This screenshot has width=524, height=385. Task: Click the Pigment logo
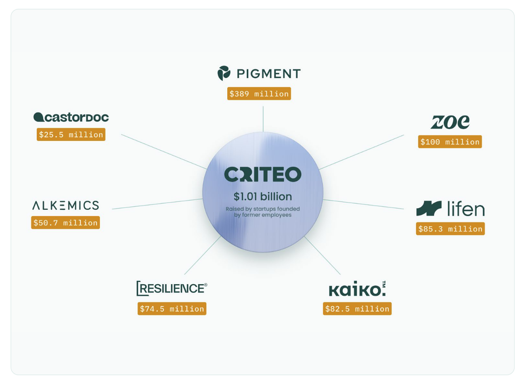point(259,73)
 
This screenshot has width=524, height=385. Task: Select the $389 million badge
point(259,94)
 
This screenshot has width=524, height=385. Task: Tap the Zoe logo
point(450,122)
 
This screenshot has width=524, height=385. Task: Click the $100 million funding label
point(450,142)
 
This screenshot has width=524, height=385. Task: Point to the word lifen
point(466,209)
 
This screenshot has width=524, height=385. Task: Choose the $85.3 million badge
point(450,229)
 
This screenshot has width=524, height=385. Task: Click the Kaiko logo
point(357,289)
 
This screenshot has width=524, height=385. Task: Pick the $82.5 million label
point(357,309)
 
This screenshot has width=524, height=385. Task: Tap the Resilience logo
point(172,288)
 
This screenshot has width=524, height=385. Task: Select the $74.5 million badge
point(172,309)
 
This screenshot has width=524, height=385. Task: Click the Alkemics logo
point(65,205)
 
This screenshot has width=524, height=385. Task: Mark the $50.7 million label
point(65,223)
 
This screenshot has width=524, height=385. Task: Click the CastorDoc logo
point(71,117)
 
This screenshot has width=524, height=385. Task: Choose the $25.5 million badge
point(71,134)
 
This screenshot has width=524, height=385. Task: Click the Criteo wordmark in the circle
point(263,174)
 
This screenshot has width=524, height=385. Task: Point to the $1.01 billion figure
point(263,197)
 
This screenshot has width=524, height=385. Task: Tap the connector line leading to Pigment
point(263,119)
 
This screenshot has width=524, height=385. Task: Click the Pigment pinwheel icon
point(224,73)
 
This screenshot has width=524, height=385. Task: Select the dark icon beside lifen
point(429,208)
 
